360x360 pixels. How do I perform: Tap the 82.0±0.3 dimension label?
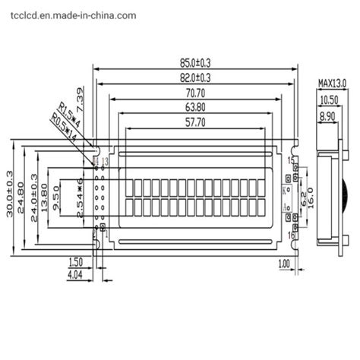click(194, 77)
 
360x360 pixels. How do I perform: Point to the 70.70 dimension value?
click(194, 93)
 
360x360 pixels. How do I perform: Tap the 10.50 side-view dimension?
click(328, 99)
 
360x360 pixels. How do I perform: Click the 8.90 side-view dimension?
click(328, 115)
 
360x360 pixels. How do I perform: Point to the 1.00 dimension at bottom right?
click(284, 264)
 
